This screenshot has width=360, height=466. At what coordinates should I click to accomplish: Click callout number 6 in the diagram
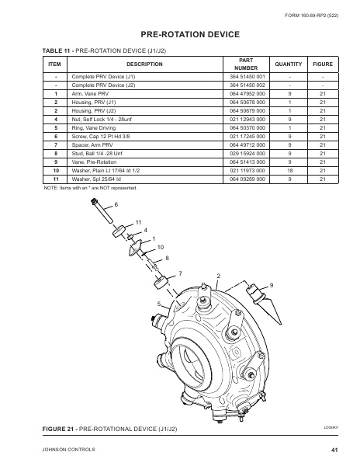coord(116,204)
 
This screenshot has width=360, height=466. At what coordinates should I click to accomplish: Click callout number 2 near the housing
coord(219,276)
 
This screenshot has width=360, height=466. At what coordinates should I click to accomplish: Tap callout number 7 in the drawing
coord(181,273)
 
